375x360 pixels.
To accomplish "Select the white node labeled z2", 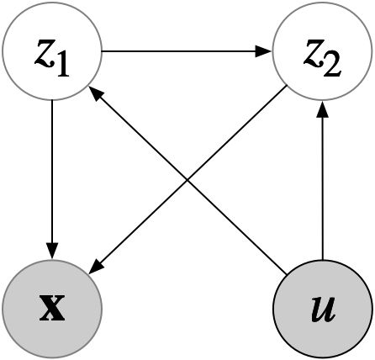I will click(x=322, y=51).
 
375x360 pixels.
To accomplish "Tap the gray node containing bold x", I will click(x=52, y=309).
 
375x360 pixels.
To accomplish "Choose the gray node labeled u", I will click(x=322, y=309).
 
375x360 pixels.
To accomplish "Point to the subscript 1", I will click(x=63, y=65).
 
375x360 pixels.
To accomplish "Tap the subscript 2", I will click(x=333, y=65).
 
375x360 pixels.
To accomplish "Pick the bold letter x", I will click(x=52, y=309).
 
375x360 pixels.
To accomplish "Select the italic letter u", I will click(x=322, y=309).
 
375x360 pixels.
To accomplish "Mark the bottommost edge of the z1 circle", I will click(x=52, y=99).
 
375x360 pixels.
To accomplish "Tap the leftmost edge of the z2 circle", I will click(x=273, y=51).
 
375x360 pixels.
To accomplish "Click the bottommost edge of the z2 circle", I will click(x=322, y=100).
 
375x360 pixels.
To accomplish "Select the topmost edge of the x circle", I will click(x=52, y=260).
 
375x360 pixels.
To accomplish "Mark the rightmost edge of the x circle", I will click(x=101, y=309).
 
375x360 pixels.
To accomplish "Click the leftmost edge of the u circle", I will click(x=273, y=309).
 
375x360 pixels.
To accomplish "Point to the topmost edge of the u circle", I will click(x=322, y=260).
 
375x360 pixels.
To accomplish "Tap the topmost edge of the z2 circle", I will click(x=322, y=3).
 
